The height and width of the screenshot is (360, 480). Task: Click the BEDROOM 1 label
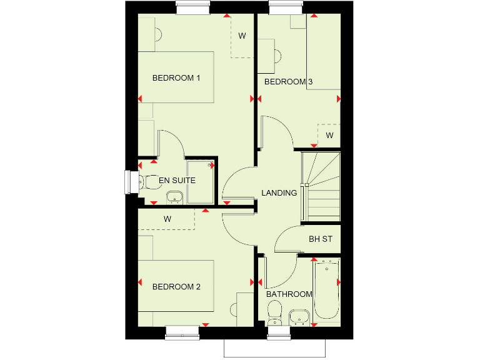click(176, 78)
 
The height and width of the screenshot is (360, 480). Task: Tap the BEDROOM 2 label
click(176, 287)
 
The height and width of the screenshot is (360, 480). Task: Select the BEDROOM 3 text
click(288, 82)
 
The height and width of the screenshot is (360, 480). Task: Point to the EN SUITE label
click(177, 181)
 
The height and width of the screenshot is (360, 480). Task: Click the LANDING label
click(279, 192)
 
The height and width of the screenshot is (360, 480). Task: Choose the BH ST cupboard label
click(321, 239)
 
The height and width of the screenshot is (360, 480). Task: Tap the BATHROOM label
click(289, 294)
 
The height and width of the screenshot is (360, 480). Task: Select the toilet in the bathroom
click(274, 312)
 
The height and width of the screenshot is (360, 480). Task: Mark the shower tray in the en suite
click(200, 182)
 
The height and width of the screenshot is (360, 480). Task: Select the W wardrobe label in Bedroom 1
click(242, 36)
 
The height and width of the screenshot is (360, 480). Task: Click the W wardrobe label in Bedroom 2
click(167, 219)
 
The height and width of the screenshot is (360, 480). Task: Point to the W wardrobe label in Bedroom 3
click(329, 135)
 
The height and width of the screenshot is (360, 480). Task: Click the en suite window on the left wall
click(130, 182)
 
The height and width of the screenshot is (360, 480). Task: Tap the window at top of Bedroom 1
click(192, 7)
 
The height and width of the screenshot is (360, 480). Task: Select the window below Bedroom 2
click(182, 332)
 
